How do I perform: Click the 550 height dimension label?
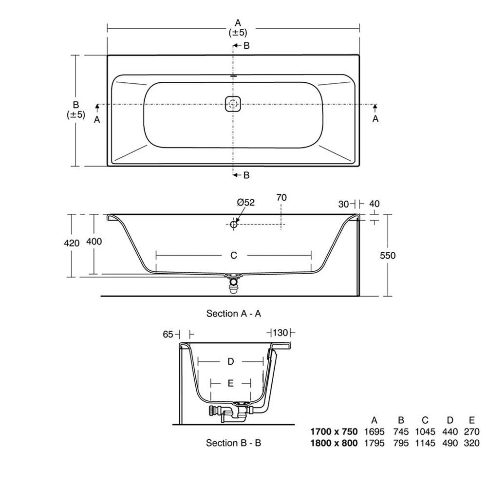click(388, 256)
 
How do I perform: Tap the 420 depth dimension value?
click(72, 243)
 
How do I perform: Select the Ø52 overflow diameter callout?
click(245, 203)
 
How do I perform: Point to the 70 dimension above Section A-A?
click(281, 198)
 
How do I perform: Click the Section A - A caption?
click(234, 314)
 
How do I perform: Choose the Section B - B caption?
click(234, 443)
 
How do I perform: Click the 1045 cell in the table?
click(425, 431)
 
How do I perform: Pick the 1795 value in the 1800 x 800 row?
click(374, 443)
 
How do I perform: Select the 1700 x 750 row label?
click(334, 431)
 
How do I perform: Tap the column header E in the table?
click(472, 420)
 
